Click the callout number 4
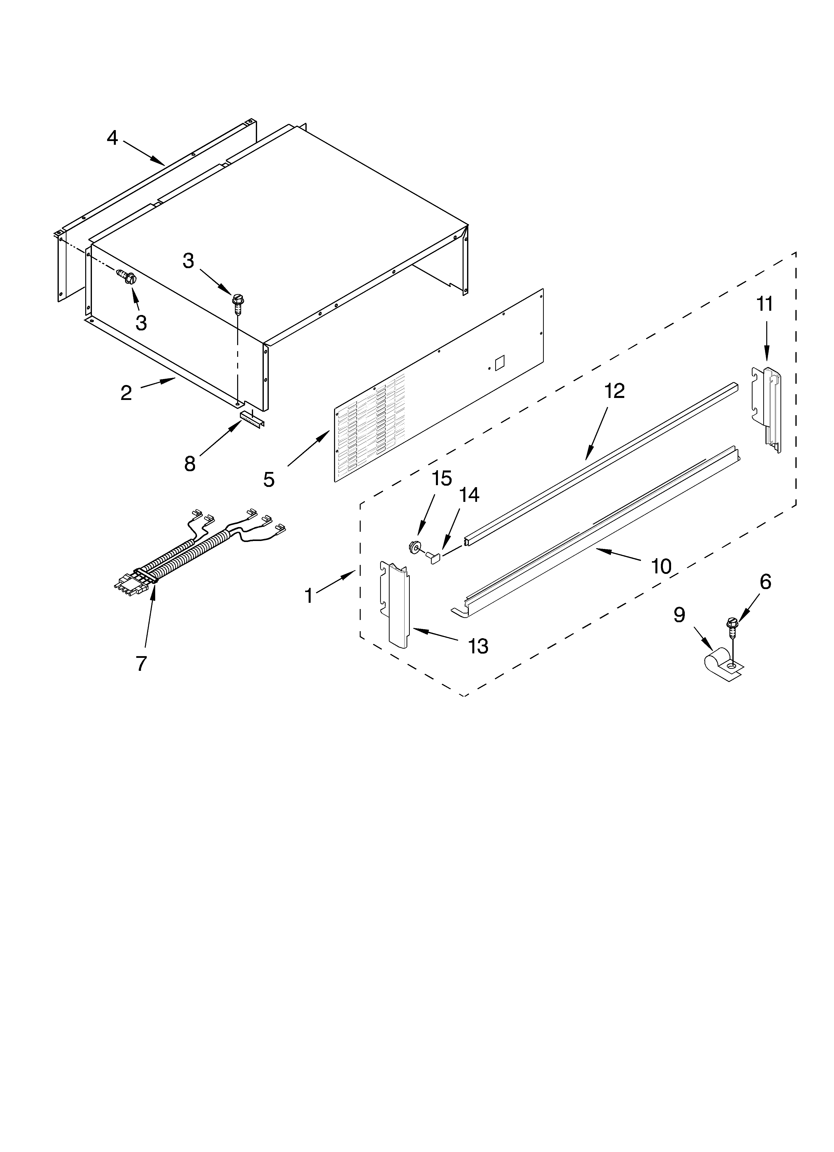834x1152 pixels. (x=112, y=138)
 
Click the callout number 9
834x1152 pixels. (x=679, y=615)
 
